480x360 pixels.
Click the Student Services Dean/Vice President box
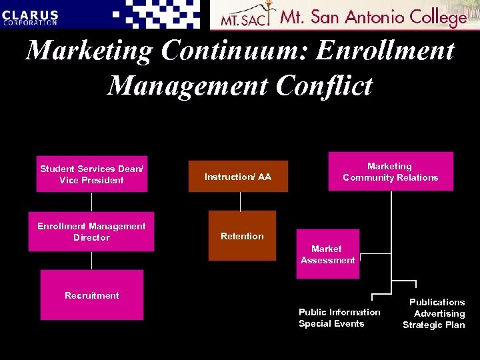pyautogui.click(x=91, y=174)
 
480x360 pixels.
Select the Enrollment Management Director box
pyautogui.click(x=91, y=232)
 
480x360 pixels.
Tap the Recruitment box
pyautogui.click(x=91, y=295)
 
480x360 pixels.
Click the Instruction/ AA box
pyautogui.click(x=238, y=177)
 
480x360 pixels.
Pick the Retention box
pyautogui.click(x=242, y=236)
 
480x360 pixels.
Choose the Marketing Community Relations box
pyautogui.click(x=390, y=171)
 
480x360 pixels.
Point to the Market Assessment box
pyautogui.click(x=327, y=254)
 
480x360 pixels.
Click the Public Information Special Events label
pyautogui.click(x=339, y=318)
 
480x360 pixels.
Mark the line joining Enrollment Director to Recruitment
pyautogui.click(x=91, y=261)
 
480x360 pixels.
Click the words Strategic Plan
pyautogui.click(x=434, y=325)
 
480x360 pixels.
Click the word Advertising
pyautogui.click(x=439, y=313)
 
